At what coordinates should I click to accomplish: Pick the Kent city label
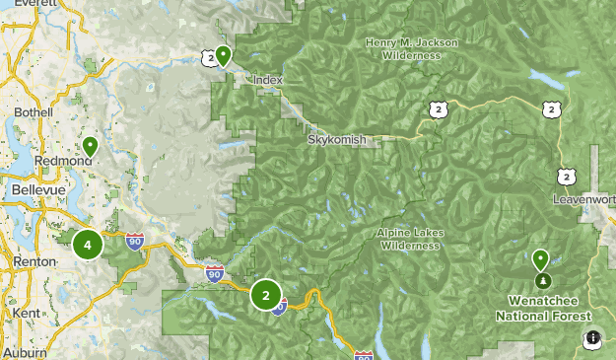click(28, 313)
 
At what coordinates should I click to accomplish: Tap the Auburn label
click(24, 352)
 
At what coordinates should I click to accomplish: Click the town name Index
click(267, 80)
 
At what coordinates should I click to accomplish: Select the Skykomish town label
click(336, 140)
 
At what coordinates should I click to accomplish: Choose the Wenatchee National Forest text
click(543, 308)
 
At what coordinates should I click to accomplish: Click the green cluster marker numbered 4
click(88, 245)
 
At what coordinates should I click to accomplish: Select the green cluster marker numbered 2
click(265, 294)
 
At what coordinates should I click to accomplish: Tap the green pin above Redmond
click(90, 147)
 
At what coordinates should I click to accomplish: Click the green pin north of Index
click(224, 55)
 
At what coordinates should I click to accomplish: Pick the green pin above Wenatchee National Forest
click(540, 259)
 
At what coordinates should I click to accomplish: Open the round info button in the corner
click(592, 338)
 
